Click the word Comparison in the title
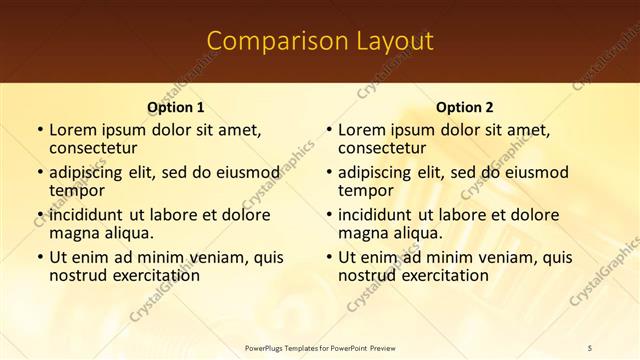point(267,41)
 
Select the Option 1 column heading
point(176,107)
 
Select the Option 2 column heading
point(465,107)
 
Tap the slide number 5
point(590,347)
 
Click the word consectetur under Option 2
point(382,148)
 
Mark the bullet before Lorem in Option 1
point(40,130)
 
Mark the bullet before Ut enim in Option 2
point(329,257)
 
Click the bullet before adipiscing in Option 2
point(329,172)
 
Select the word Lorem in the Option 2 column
point(362,130)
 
